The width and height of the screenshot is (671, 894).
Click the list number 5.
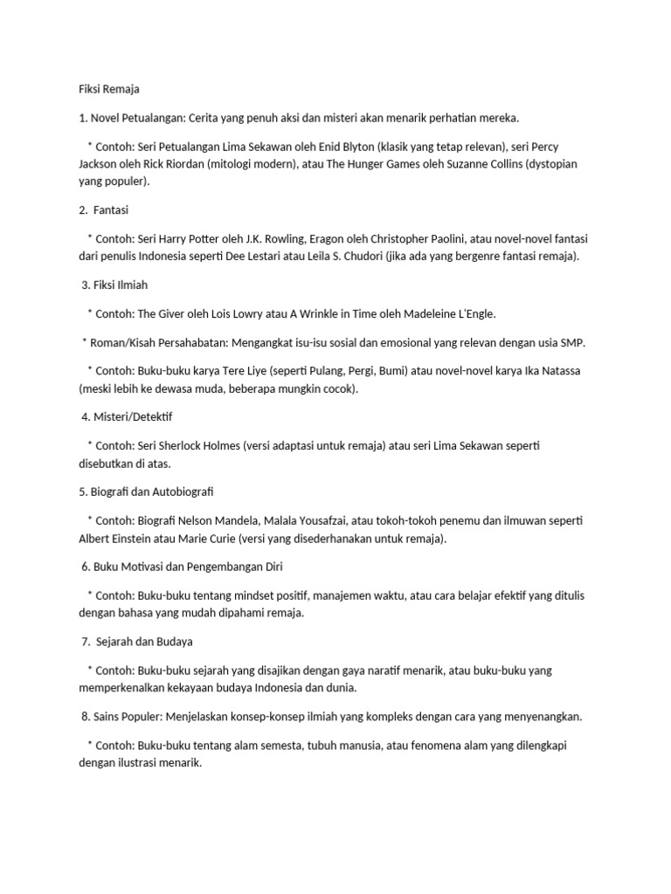click(82, 492)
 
